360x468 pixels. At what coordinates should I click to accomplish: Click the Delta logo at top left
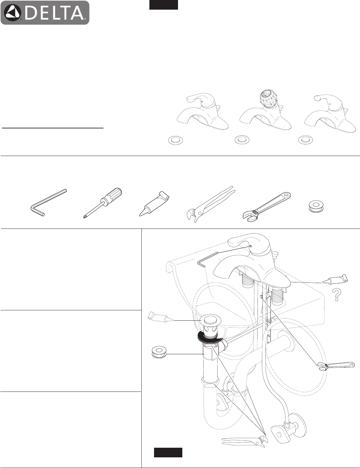(45, 13)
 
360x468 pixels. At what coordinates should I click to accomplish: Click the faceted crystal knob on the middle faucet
(267, 96)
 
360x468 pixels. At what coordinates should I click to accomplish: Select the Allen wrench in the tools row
(48, 202)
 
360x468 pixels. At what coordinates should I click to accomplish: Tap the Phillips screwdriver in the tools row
(102, 203)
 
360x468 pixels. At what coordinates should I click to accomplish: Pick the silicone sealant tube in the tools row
(154, 204)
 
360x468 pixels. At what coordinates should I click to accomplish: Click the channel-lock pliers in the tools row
(210, 204)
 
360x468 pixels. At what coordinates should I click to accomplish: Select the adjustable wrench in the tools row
(267, 207)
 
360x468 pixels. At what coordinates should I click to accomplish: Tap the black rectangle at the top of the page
(164, 5)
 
